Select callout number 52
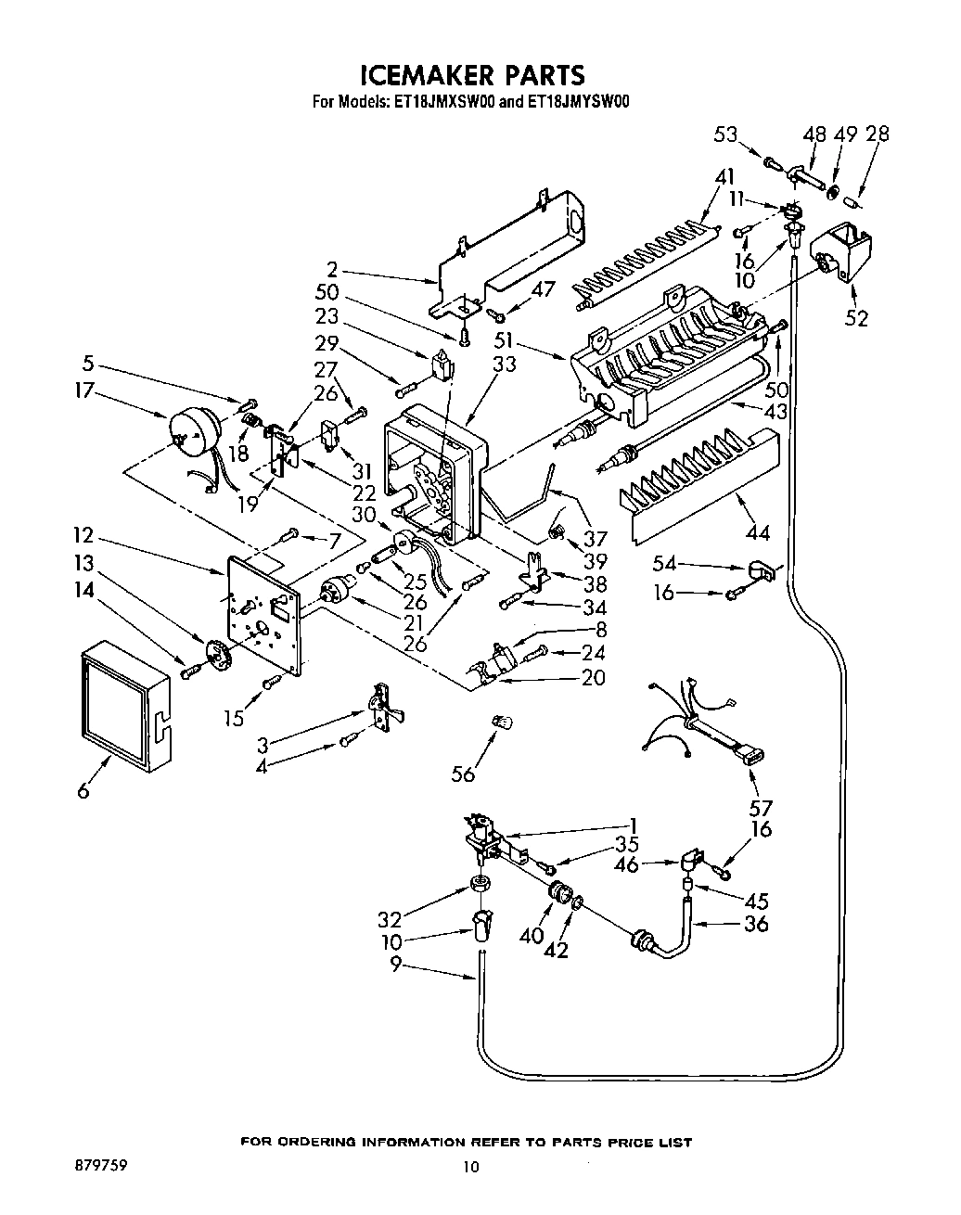tap(856, 318)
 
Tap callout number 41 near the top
tap(724, 177)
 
